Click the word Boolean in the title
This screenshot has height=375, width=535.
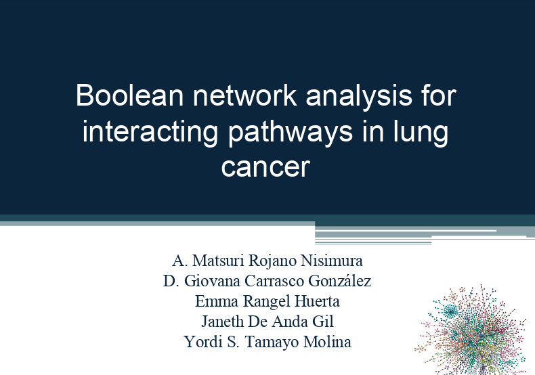point(129,95)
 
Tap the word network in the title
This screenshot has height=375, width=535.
point(244,95)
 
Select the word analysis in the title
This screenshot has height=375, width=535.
point(359,97)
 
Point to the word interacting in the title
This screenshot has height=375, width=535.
point(150,133)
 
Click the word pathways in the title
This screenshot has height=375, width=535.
point(291,133)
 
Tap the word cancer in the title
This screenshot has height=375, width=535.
point(265,167)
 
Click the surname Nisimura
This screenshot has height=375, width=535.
point(332,261)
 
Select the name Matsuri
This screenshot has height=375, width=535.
point(218,261)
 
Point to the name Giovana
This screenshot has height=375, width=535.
point(212,281)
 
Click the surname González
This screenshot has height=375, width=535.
point(339,281)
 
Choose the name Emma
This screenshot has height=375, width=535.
point(217,301)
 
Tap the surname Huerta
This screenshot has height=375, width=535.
point(318,301)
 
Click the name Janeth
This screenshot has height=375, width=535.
point(222,322)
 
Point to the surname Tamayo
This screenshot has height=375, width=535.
point(272,343)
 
